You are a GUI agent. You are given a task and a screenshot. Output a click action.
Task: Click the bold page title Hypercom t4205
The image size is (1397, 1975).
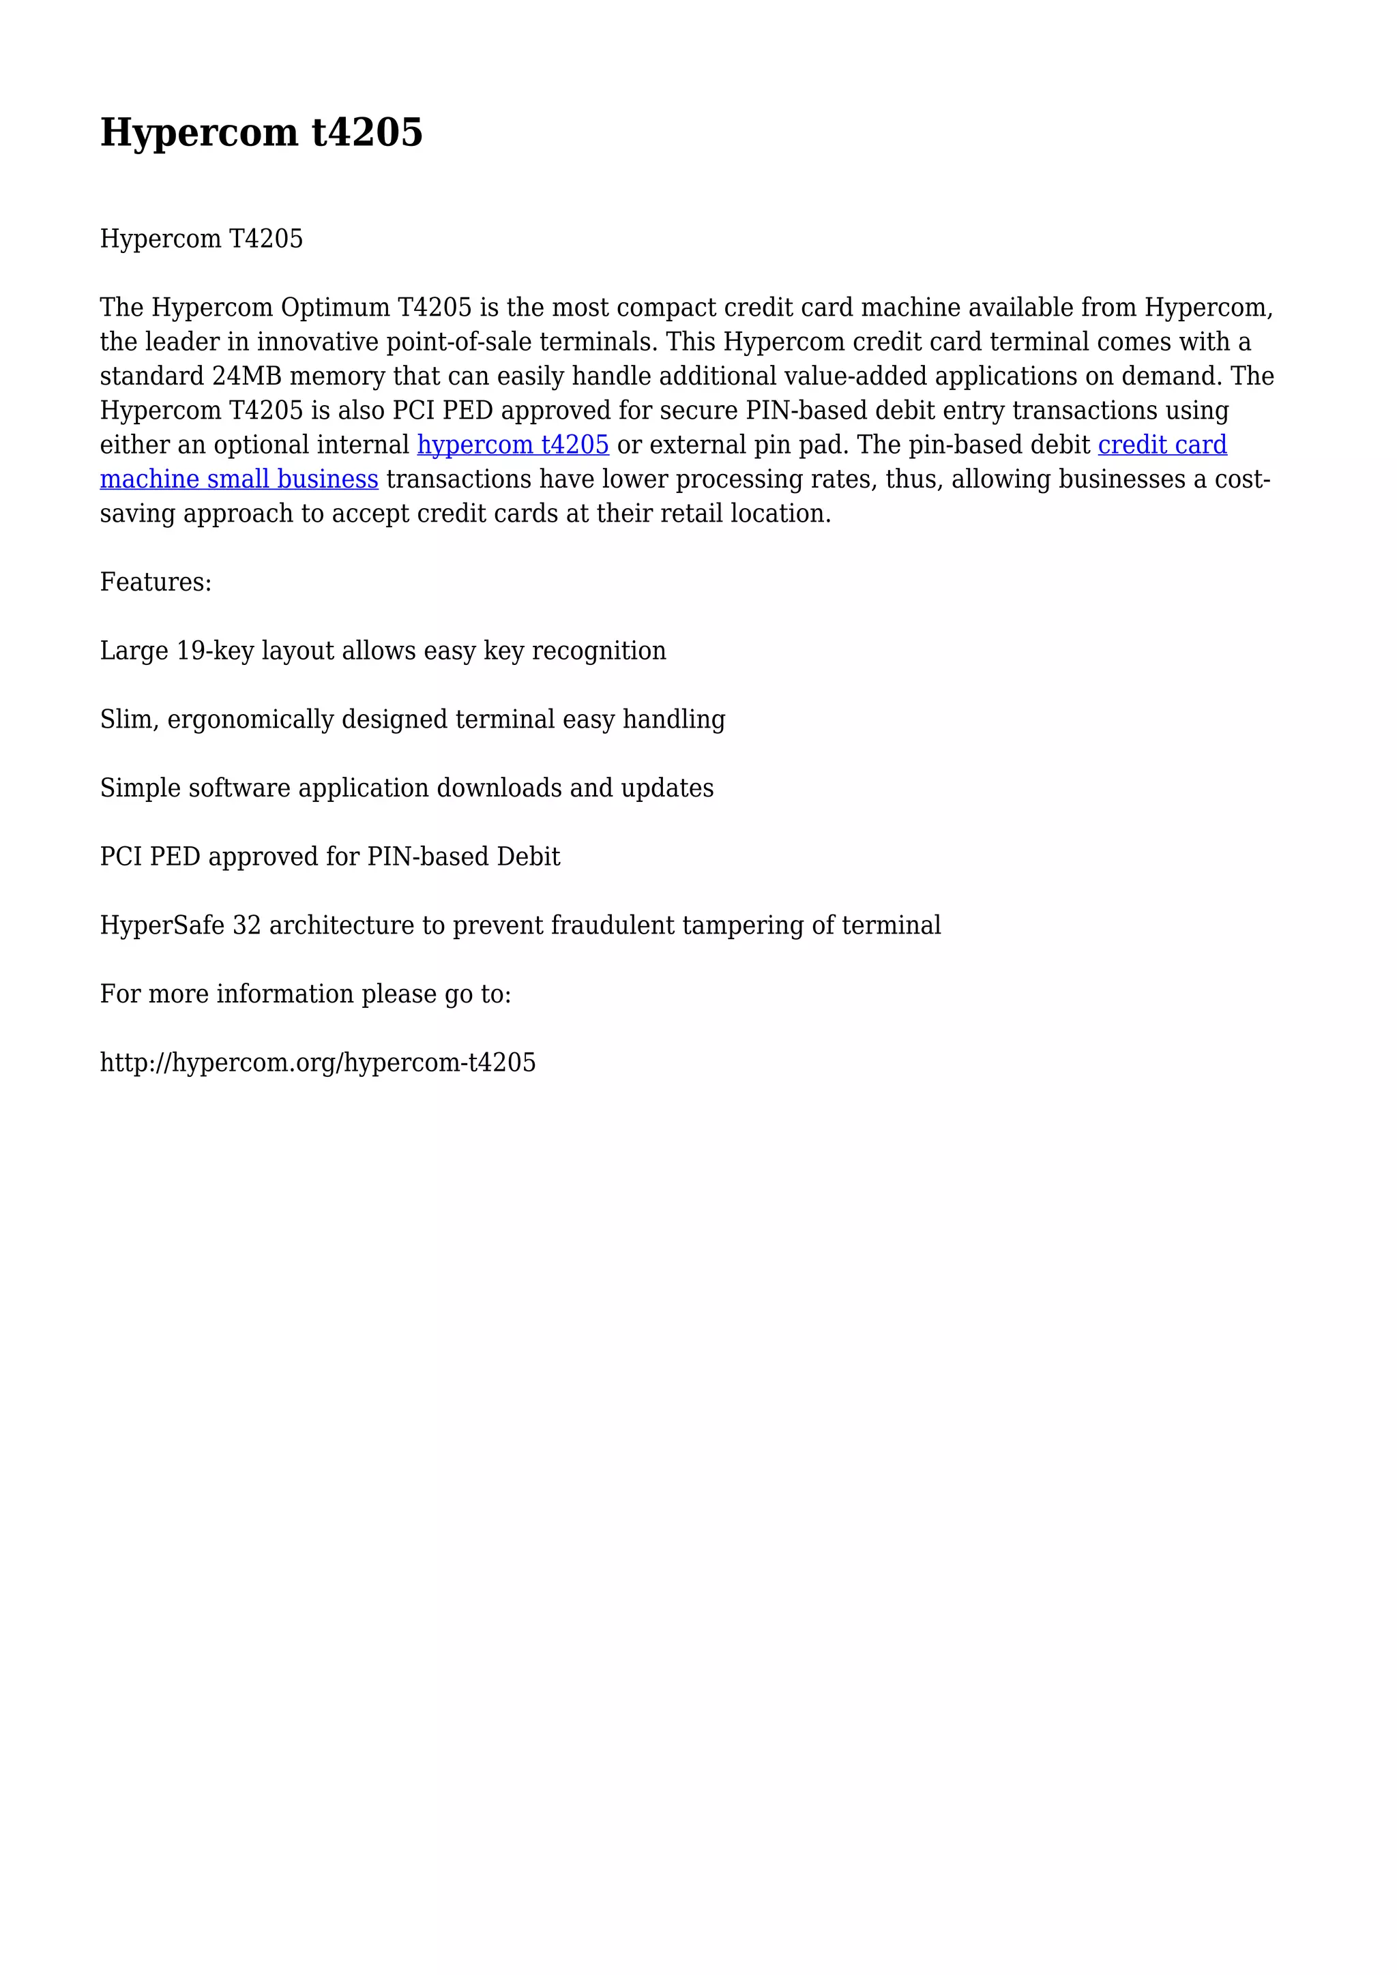pyautogui.click(x=261, y=134)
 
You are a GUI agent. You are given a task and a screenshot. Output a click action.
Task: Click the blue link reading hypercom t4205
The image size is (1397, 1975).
pyautogui.click(x=513, y=445)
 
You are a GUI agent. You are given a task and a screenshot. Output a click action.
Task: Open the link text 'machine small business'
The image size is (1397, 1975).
pyautogui.click(x=239, y=479)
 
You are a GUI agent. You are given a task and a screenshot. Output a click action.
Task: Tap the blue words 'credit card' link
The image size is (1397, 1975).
pyautogui.click(x=1162, y=445)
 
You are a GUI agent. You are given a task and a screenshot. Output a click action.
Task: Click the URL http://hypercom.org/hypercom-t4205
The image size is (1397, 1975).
pyautogui.click(x=317, y=1063)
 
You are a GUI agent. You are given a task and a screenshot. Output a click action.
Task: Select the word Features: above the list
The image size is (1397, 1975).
pyautogui.click(x=156, y=582)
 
